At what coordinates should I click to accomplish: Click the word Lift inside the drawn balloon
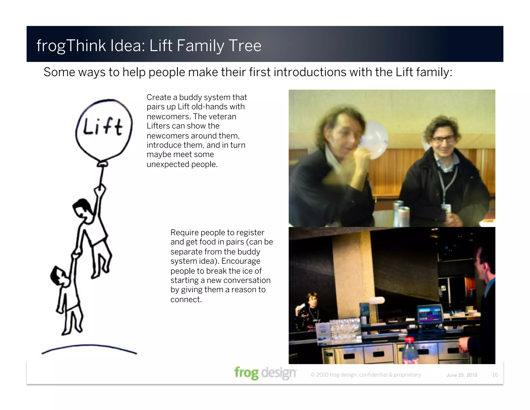coord(102,126)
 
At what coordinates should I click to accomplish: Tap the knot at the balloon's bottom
coord(102,164)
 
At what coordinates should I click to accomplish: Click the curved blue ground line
coord(89,347)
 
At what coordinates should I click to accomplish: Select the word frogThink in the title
coord(71,46)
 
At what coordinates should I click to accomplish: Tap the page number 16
coord(495,375)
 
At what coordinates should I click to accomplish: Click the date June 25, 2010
coord(461,375)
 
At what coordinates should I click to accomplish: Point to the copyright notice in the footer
coord(366,375)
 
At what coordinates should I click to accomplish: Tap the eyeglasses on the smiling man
coord(443,140)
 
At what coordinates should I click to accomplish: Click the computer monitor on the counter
coord(430,314)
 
